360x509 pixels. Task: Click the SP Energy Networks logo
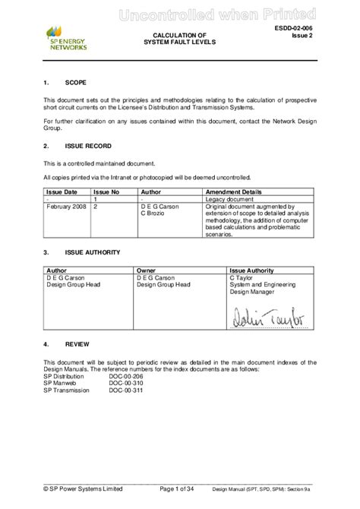point(67,37)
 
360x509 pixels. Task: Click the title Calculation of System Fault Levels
point(180,40)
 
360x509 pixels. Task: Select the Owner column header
point(146,270)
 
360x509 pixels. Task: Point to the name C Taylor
point(242,277)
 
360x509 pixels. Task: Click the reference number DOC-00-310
point(126,383)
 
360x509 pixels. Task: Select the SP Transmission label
point(66,390)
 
